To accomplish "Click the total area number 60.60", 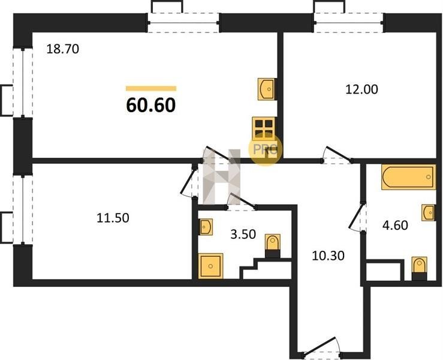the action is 151,105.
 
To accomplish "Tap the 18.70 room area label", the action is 63,49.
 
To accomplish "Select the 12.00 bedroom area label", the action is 361,89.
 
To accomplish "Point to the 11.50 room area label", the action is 113,218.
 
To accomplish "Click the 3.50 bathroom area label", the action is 243,234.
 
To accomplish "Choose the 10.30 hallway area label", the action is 329,256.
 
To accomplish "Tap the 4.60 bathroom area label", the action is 395,226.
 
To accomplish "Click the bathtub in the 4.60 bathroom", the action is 409,177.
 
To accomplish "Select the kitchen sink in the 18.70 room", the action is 266,89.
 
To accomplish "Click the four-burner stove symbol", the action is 264,128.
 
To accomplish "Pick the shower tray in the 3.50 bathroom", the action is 210,266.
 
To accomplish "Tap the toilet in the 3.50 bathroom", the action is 273,246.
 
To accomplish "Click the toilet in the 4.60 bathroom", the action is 419,268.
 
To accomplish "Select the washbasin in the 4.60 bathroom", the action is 428,212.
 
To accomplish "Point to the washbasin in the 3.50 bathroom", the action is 206,227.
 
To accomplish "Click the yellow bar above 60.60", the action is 151,89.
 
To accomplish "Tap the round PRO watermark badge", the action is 265,150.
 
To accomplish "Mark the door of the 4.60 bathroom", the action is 357,217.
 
